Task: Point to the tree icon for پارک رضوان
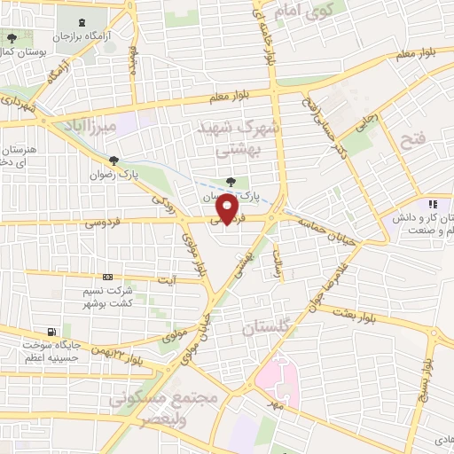coord(112,160)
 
